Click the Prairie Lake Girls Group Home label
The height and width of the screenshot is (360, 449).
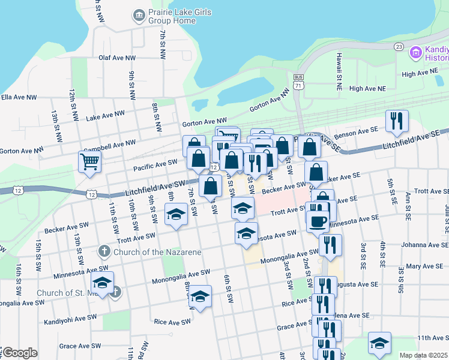coord(172,16)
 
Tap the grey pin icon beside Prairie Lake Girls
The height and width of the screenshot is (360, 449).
coord(139,14)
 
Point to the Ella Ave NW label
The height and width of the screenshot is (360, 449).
coord(19,97)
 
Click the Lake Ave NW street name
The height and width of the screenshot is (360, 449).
coord(105,115)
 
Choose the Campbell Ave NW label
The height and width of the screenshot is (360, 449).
coord(109,145)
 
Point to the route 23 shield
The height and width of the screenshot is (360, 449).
coord(398,47)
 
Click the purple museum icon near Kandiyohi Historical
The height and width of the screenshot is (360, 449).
coord(415,53)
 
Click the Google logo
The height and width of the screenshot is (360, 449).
coord(20,352)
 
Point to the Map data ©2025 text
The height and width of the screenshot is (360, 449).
coord(423,355)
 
